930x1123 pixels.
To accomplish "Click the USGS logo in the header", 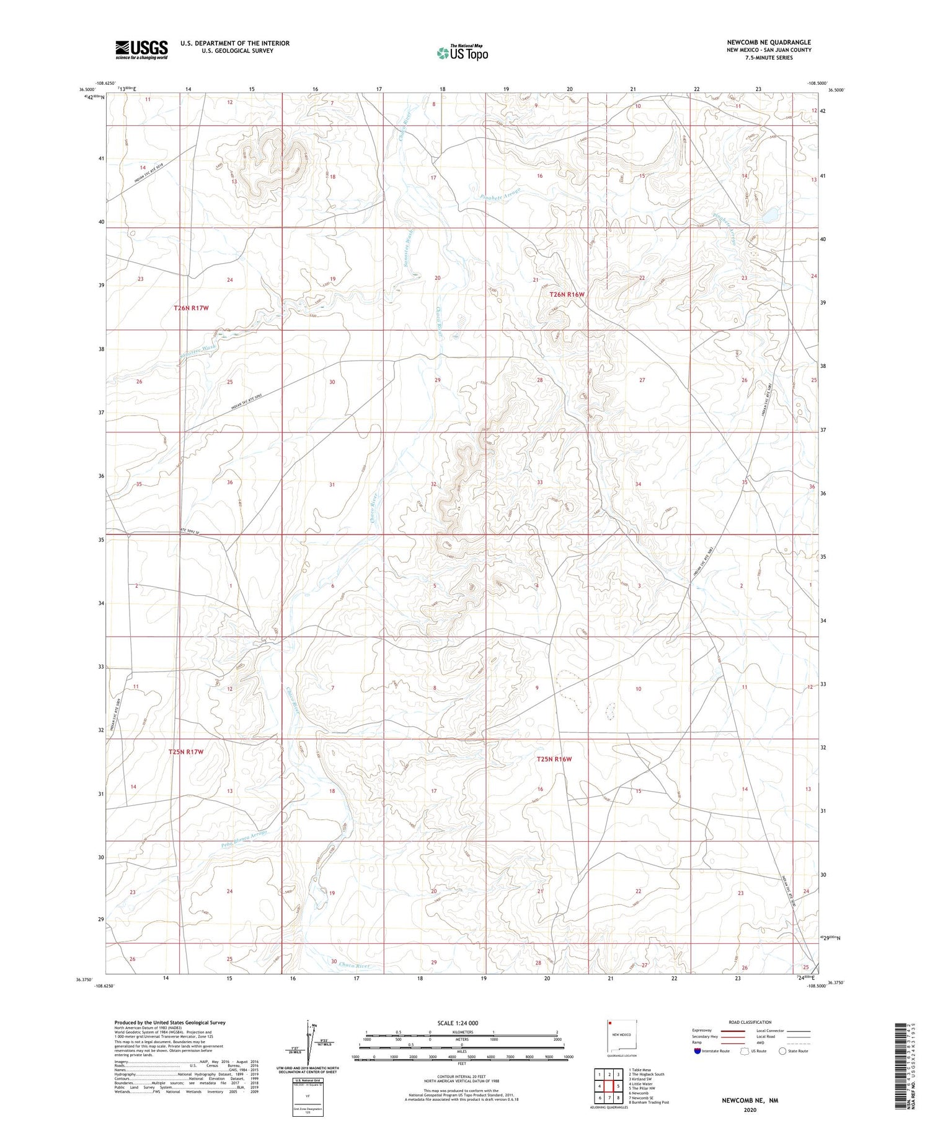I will coord(141,50).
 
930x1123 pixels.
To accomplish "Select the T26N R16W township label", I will coord(567,295).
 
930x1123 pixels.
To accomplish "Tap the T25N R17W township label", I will coord(186,752).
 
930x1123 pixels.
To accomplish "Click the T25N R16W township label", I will coord(554,759).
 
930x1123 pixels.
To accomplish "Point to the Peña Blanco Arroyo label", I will coord(244,837).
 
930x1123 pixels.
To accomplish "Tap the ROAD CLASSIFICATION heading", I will coord(750,1022).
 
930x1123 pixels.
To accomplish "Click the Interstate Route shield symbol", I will coord(697,1051).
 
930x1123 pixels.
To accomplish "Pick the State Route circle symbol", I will coord(782,1051).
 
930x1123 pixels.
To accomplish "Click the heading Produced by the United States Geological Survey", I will coord(170,1023).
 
